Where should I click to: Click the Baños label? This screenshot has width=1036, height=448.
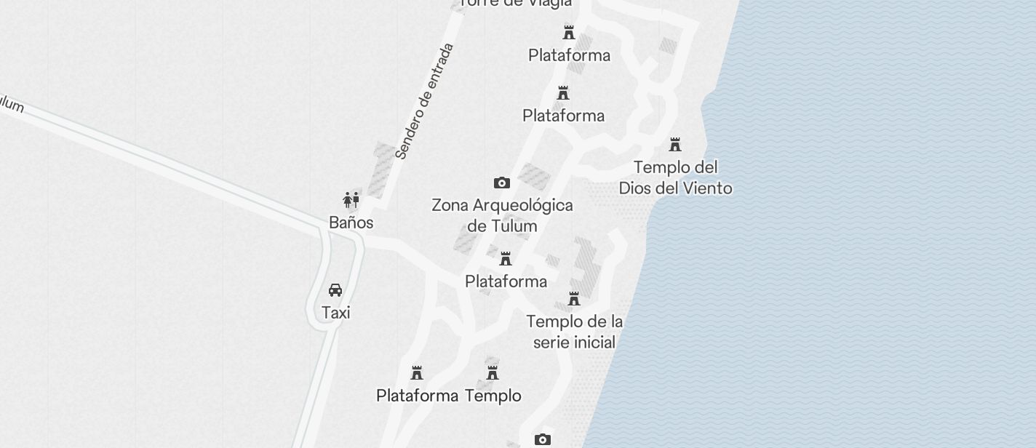tap(351, 223)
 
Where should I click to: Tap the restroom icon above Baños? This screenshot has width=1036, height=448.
tap(351, 200)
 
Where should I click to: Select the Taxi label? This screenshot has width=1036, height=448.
tap(335, 313)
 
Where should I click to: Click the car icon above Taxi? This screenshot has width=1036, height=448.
tap(335, 290)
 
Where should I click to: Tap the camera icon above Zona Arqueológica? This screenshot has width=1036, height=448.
tap(501, 183)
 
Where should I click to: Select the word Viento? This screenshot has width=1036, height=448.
tap(704, 188)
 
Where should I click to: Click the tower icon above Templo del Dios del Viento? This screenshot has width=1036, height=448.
tap(675, 144)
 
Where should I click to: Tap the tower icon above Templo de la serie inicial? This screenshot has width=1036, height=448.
tap(574, 299)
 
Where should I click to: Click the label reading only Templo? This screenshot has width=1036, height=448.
tap(493, 396)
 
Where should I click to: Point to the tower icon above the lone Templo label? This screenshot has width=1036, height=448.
tap(493, 373)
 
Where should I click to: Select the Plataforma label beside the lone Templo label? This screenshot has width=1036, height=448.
tap(417, 396)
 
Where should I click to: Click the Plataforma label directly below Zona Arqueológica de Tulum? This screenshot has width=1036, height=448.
tap(506, 281)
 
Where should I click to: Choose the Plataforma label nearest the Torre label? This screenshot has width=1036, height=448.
tap(569, 55)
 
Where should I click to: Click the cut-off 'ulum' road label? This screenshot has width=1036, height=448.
tap(11, 105)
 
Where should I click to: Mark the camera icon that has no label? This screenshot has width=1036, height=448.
tap(542, 439)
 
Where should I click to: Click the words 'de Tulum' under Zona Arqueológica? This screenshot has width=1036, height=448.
tap(502, 226)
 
